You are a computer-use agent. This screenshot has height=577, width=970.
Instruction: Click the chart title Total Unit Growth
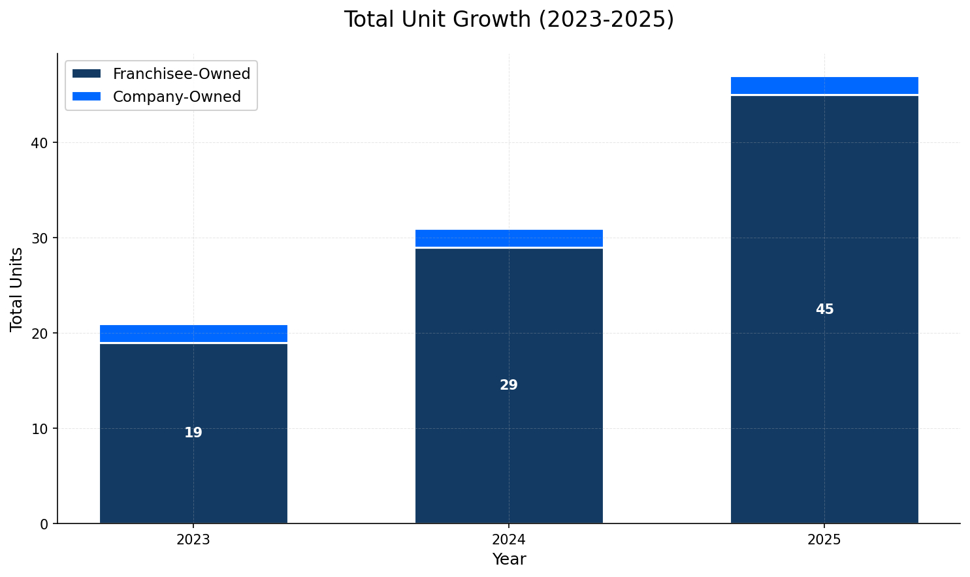point(509,20)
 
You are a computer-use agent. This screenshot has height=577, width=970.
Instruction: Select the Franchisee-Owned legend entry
point(181,74)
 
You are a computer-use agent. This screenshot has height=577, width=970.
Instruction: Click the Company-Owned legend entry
point(176,97)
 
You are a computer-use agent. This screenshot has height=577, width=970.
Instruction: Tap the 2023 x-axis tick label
point(193,540)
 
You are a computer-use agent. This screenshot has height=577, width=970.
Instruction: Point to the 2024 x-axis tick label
point(509,540)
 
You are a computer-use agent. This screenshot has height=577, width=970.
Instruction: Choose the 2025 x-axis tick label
point(824,540)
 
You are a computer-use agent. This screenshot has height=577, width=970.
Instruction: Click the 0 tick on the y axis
point(44,524)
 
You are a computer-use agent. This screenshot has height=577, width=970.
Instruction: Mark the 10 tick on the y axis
point(40,429)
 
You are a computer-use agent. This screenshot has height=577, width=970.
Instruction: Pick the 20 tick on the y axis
point(40,334)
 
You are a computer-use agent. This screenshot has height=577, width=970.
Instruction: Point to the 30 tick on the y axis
point(40,238)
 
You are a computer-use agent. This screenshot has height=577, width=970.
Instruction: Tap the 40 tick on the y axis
point(40,143)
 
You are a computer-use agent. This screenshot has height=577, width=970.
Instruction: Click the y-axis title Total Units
point(17,289)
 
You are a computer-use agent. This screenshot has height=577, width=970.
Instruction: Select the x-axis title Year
point(509,559)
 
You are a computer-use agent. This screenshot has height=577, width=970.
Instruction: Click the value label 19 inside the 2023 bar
point(193,433)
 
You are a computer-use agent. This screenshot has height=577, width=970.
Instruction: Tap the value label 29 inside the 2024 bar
point(509,386)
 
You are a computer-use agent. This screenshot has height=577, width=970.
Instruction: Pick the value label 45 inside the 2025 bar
point(824,310)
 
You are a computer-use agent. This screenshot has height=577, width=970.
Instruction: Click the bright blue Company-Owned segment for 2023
point(193,334)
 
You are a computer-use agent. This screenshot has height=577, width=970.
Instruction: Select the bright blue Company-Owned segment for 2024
point(509,238)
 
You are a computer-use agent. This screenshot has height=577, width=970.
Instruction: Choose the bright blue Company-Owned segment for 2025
point(824,86)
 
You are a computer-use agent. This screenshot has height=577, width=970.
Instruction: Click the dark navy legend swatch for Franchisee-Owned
point(87,74)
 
